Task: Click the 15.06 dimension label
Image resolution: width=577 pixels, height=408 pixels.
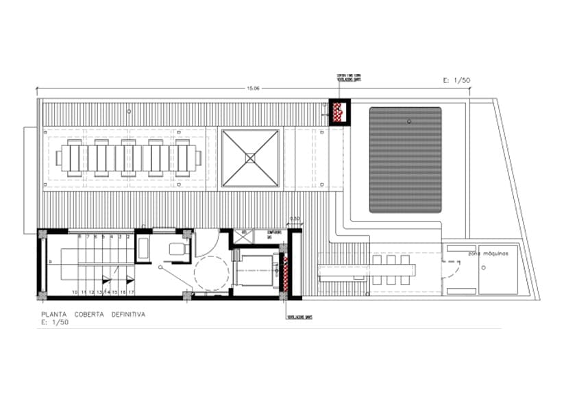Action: coord(253,88)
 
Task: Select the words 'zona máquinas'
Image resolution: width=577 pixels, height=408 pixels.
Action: coord(489,254)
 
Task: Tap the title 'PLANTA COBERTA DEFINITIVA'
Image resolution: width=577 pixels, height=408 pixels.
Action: coord(93,315)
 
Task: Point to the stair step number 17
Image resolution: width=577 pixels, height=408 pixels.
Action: coord(130,292)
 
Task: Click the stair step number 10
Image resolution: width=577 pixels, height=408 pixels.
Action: coord(74,292)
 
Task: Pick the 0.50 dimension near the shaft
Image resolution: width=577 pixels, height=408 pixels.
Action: coord(295,219)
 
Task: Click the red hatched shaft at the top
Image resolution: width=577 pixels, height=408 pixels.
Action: coord(339,111)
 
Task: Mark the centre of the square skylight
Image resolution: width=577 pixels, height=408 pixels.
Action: coord(250,158)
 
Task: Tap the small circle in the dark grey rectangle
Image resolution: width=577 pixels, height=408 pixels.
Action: coord(408,121)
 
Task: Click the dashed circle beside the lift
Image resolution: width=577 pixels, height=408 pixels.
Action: coord(211,274)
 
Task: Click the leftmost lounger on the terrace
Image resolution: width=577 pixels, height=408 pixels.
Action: coord(73,158)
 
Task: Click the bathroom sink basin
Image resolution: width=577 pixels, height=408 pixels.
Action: coord(144,249)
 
